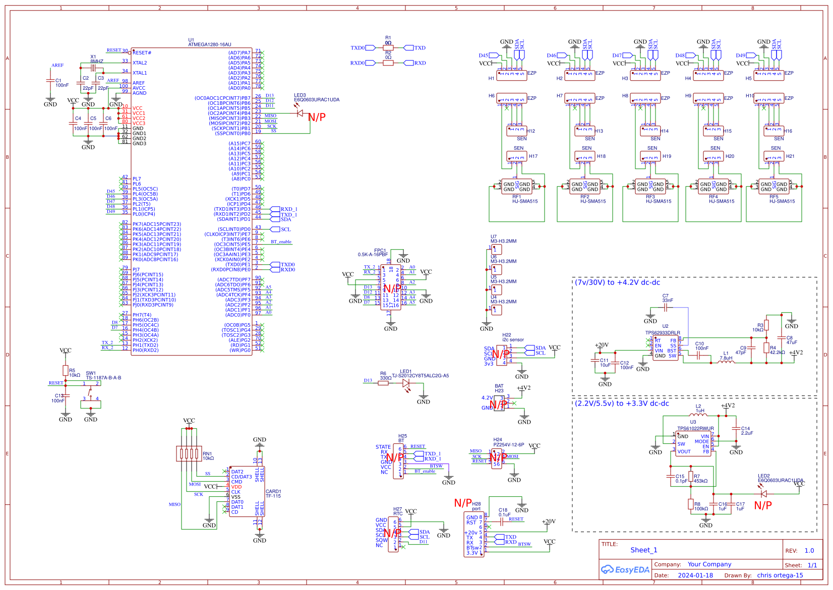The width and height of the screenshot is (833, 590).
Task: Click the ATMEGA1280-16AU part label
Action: pyautogui.click(x=209, y=44)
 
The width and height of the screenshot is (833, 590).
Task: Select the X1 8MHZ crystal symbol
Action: pyautogui.click(x=93, y=68)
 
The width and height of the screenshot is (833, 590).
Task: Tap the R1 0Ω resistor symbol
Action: pyautogui.click(x=388, y=48)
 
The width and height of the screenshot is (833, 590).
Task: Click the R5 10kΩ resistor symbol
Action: pyautogui.click(x=65, y=371)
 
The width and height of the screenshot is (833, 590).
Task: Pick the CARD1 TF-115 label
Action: pyautogui.click(x=273, y=494)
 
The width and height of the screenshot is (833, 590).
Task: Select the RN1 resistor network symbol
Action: pyautogui.click(x=189, y=453)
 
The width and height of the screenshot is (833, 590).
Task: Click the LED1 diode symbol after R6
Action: pyautogui.click(x=406, y=383)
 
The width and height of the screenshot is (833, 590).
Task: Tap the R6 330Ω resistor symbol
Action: pyautogui.click(x=383, y=383)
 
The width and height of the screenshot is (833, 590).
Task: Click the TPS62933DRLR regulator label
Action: pyautogui.click(x=663, y=333)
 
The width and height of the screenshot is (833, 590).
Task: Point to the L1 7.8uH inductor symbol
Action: pyautogui.click(x=726, y=362)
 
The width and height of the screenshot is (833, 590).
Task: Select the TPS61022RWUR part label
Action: pyautogui.click(x=695, y=429)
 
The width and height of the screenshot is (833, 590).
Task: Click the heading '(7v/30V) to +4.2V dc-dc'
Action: pyautogui.click(x=617, y=283)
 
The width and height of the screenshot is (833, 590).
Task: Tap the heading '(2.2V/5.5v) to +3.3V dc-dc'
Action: pyautogui.click(x=622, y=403)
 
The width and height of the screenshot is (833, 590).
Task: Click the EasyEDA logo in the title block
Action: pyautogui.click(x=625, y=570)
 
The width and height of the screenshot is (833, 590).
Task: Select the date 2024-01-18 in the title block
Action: pyautogui.click(x=695, y=575)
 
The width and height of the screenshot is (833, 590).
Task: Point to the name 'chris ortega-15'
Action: pyautogui.click(x=780, y=575)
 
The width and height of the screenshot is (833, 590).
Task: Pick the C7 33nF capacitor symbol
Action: pyautogui.click(x=667, y=307)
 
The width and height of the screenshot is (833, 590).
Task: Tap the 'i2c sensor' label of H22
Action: pyautogui.click(x=513, y=340)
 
